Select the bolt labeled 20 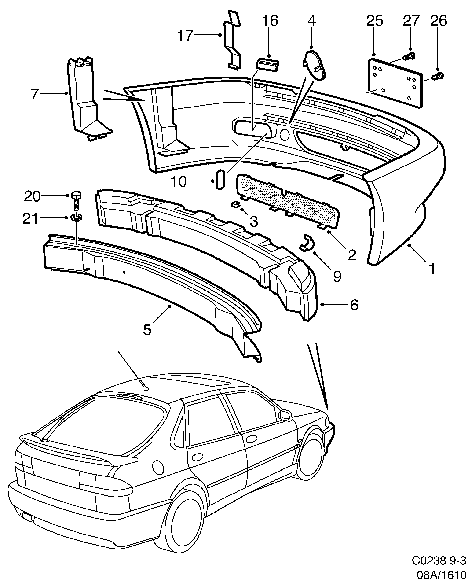(76, 201)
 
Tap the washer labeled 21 (76, 218)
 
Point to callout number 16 (270, 21)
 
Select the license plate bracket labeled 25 (396, 83)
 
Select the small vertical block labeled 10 (220, 179)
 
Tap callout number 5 (147, 330)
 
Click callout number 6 (354, 305)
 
